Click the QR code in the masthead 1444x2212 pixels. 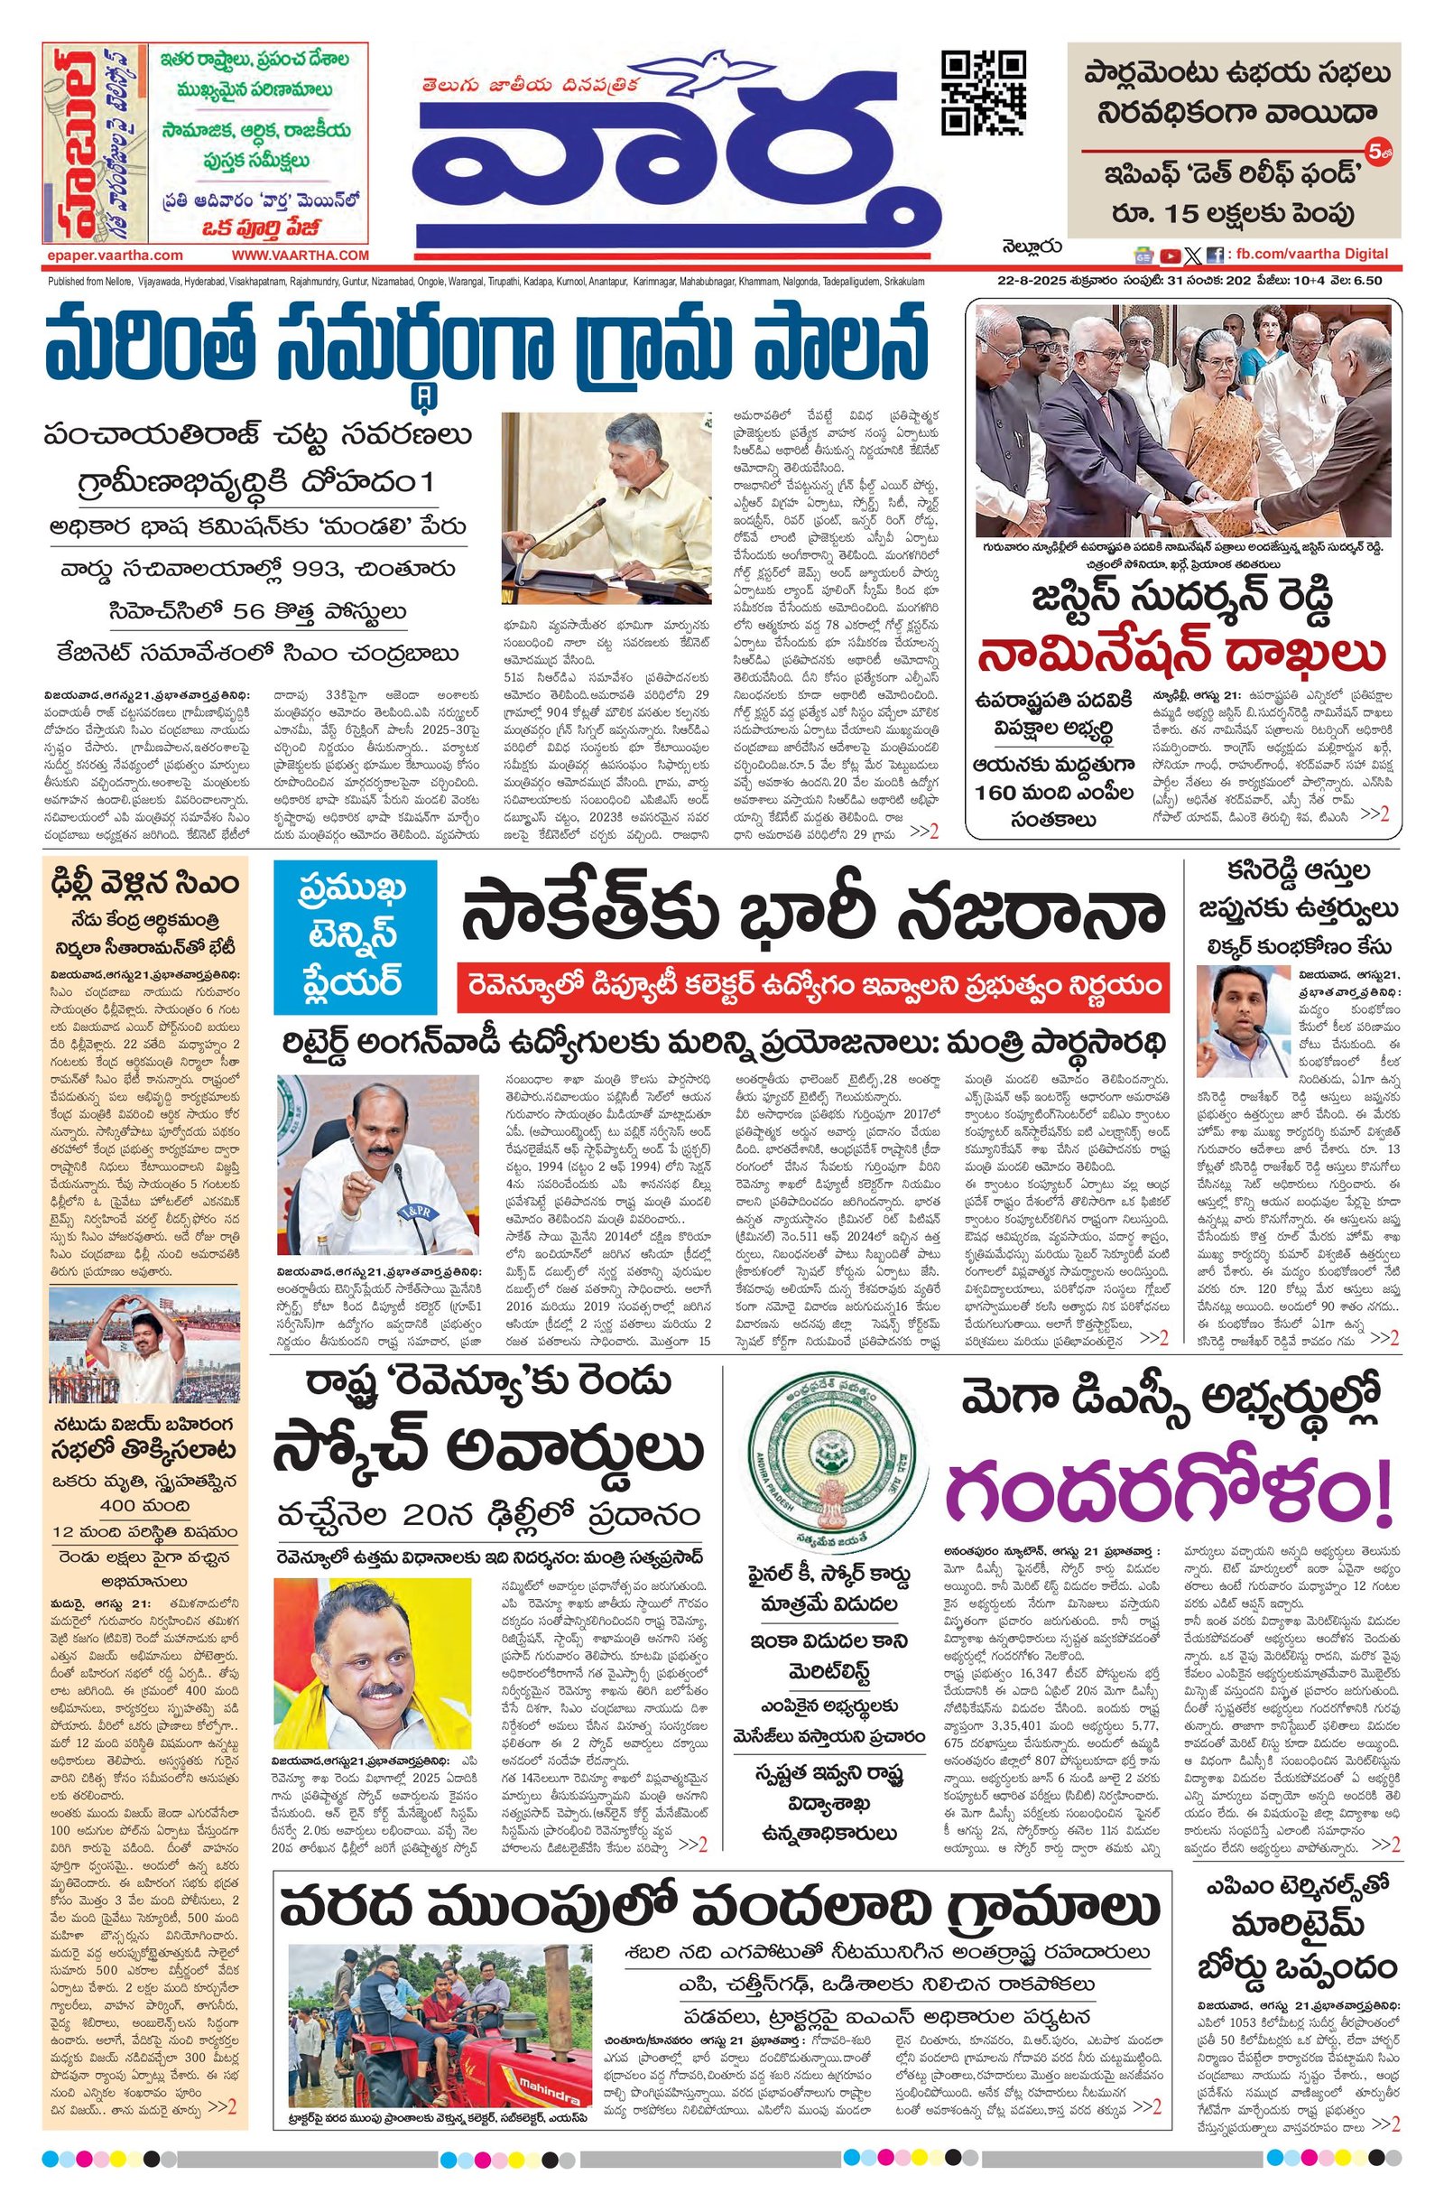pyautogui.click(x=983, y=93)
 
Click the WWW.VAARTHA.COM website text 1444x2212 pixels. pyautogui.click(x=301, y=255)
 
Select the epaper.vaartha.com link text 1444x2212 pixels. pyautogui.click(x=114, y=255)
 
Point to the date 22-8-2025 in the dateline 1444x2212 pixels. pyautogui.click(x=1026, y=281)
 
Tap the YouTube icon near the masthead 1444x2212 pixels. pyautogui.click(x=1169, y=256)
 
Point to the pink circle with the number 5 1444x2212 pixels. pyautogui.click(x=1375, y=150)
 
